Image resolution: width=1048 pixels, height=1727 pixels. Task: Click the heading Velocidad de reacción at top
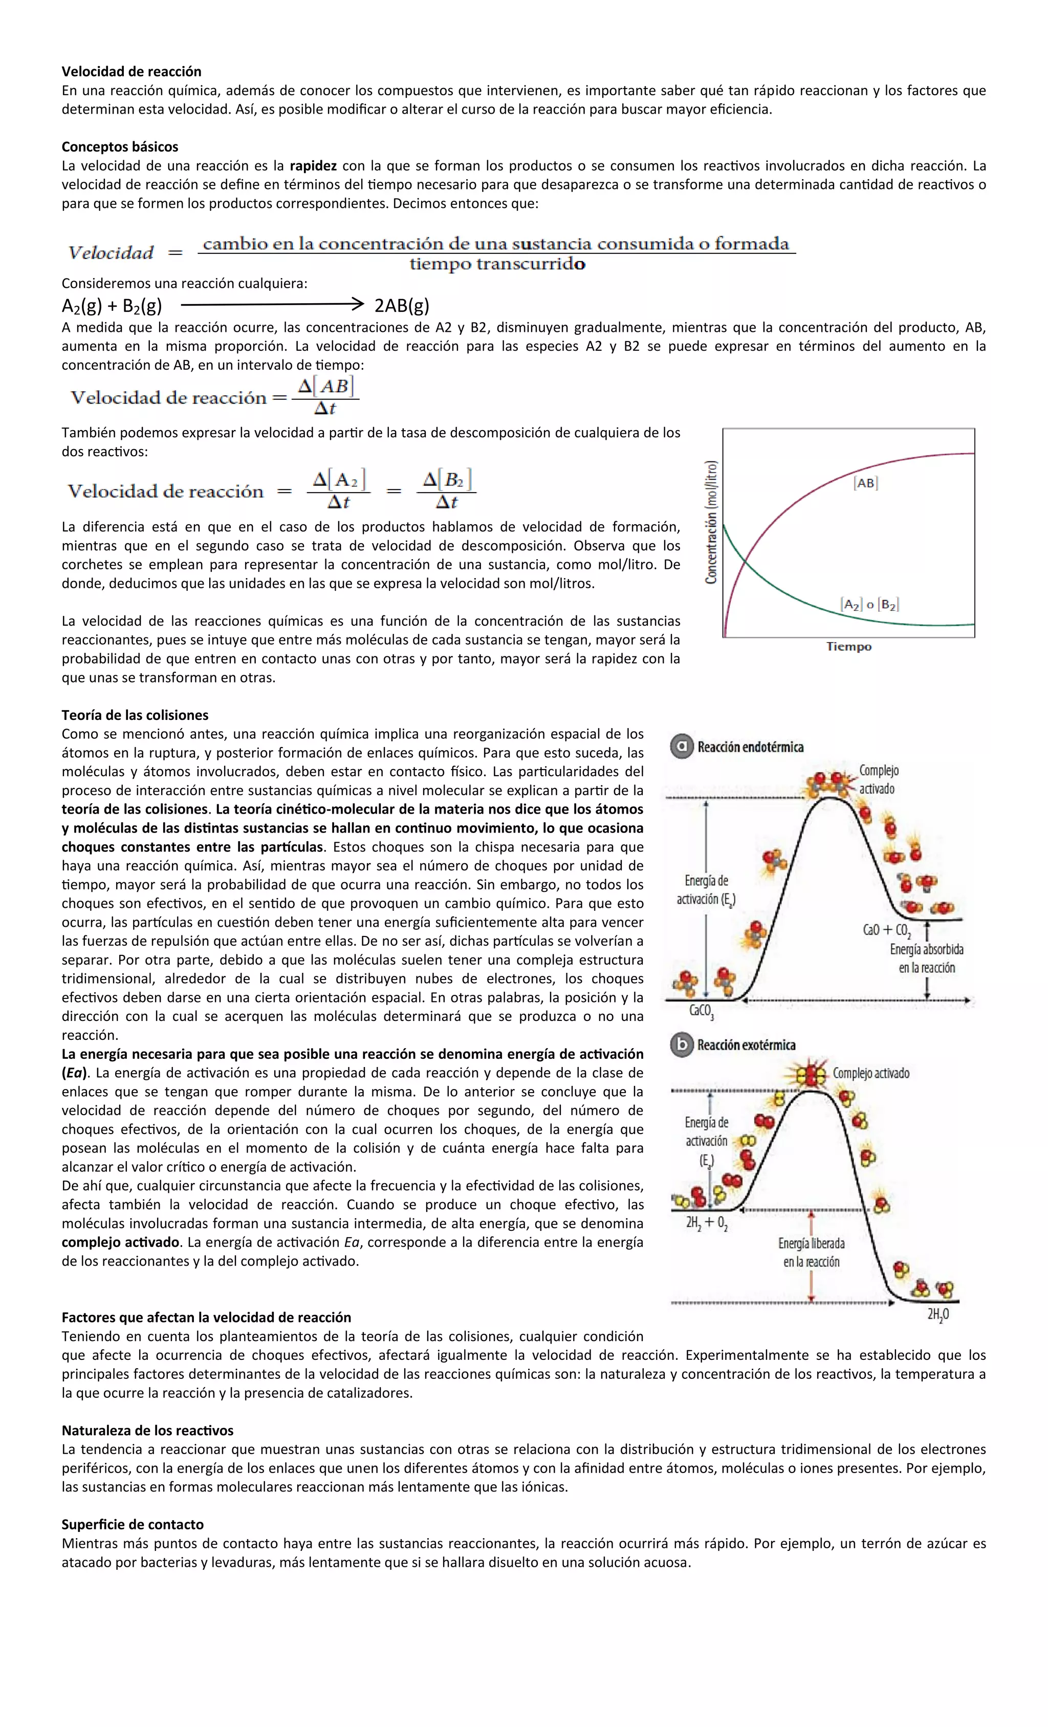pos(131,72)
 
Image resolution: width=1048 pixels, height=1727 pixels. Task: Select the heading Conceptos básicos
pos(120,146)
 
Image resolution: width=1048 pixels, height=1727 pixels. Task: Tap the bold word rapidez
pos(313,166)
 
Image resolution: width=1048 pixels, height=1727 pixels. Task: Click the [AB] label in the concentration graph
pos(866,483)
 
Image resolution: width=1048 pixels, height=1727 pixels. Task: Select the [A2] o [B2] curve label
pos(869,604)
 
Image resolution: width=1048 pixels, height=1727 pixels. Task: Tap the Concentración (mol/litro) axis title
pos(711,522)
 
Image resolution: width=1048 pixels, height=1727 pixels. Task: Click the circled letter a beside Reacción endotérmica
pos(681,747)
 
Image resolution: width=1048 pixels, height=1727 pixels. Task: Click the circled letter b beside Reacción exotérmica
pos(681,1045)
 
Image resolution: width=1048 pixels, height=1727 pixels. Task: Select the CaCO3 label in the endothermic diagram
pos(701,1011)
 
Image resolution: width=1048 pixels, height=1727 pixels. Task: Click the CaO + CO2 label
pos(887,930)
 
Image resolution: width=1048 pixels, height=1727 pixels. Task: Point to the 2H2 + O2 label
pos(706,1224)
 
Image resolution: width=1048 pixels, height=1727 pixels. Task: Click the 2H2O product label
pos(938,1315)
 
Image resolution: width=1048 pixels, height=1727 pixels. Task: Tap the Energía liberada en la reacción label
pos(811,1252)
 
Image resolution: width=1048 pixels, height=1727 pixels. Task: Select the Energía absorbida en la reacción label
pos(926,958)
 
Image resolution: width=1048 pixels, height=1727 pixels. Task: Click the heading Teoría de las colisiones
pos(135,715)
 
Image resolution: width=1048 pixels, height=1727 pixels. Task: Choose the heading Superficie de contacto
pos(133,1524)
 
